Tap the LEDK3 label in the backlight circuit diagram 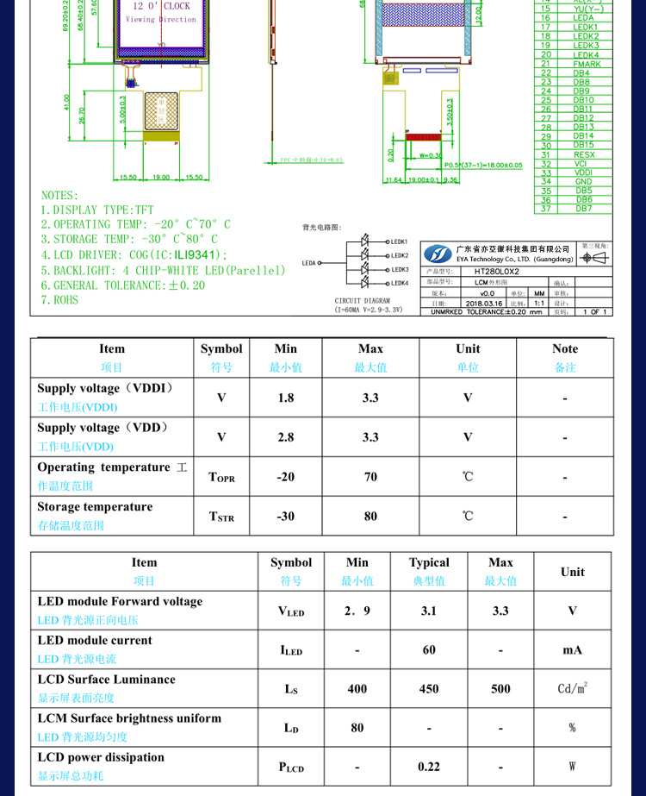coord(399,269)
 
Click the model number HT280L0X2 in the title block coord(497,271)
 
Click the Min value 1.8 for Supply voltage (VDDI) coord(286,398)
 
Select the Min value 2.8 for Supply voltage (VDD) coord(286,437)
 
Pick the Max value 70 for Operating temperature coord(370,477)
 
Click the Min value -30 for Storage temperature coord(286,517)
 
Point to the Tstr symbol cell coord(221,517)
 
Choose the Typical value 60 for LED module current coord(429,649)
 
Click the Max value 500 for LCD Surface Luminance coord(500,688)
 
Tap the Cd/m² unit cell coord(573,688)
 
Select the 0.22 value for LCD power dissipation coord(429,766)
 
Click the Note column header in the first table coord(565,348)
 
